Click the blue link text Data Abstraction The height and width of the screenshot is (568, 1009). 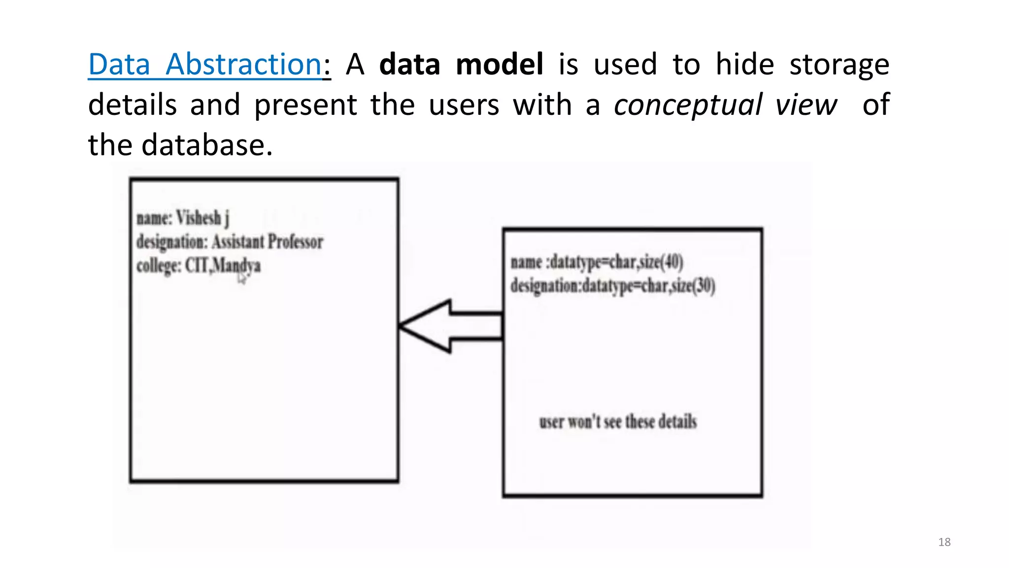click(x=205, y=65)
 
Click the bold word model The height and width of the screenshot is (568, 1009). click(x=499, y=65)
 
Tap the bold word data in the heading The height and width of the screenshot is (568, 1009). click(x=409, y=65)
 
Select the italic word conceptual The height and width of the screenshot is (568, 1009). click(x=688, y=105)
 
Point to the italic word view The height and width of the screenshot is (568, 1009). click(x=806, y=105)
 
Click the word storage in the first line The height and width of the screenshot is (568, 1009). click(x=839, y=65)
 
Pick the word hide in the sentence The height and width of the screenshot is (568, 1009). click(x=744, y=65)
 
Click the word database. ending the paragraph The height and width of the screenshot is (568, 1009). click(x=207, y=145)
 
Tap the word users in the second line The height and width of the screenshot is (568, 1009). click(x=464, y=105)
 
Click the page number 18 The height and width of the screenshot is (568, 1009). click(x=944, y=542)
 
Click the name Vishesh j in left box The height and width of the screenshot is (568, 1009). click(x=202, y=218)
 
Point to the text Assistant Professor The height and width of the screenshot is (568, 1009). click(x=268, y=242)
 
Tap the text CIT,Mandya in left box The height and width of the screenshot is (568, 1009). click(x=223, y=265)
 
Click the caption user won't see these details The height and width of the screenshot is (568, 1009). click(x=618, y=422)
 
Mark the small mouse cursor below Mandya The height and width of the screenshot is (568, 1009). click(x=241, y=279)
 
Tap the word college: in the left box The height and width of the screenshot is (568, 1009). click(x=159, y=265)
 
